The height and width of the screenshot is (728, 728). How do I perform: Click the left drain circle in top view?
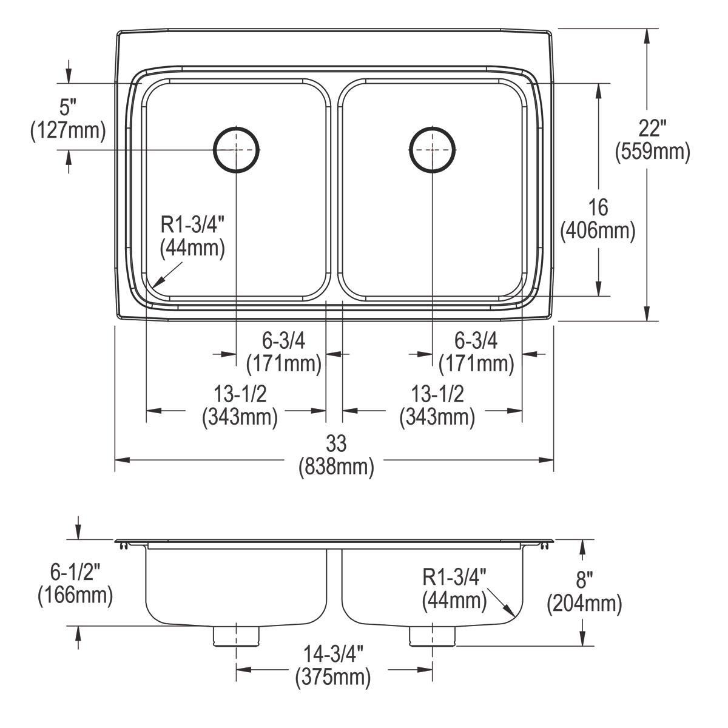pyautogui.click(x=236, y=149)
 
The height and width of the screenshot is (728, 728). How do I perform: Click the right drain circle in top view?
pyautogui.click(x=431, y=149)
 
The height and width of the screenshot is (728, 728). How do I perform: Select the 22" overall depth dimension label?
pyautogui.click(x=652, y=140)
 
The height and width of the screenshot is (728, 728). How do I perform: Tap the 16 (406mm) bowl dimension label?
pyautogui.click(x=598, y=219)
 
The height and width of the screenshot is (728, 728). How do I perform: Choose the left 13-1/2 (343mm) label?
pyautogui.click(x=240, y=406)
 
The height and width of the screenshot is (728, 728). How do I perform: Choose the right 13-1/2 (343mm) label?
pyautogui.click(x=437, y=406)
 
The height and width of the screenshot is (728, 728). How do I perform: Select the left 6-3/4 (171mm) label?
pyautogui.click(x=283, y=352)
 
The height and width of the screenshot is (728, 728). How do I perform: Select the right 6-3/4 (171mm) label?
pyautogui.click(x=476, y=352)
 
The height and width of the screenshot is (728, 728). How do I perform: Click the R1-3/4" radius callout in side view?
pyautogui.click(x=454, y=588)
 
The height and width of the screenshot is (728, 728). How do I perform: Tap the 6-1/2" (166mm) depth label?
pyautogui.click(x=75, y=583)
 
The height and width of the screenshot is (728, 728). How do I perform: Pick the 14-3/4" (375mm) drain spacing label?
pyautogui.click(x=333, y=666)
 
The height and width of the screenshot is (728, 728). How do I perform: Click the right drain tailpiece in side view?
pyautogui.click(x=432, y=636)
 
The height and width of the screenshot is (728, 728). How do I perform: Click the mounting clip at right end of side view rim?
pyautogui.click(x=542, y=546)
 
